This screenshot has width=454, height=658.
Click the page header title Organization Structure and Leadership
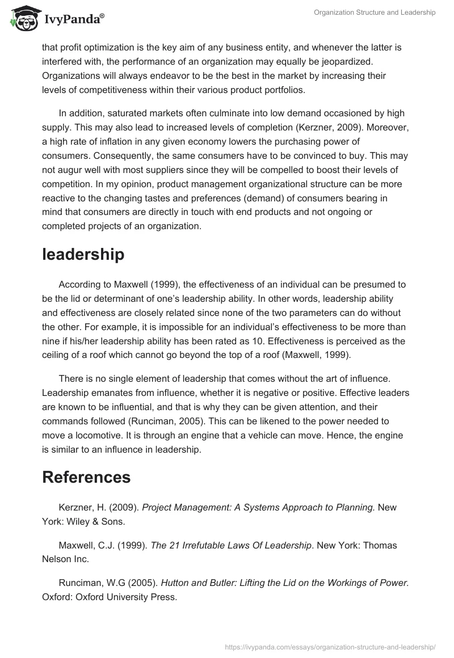point(375,13)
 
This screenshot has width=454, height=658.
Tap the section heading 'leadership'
point(83,255)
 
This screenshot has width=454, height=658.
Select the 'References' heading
point(86,477)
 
